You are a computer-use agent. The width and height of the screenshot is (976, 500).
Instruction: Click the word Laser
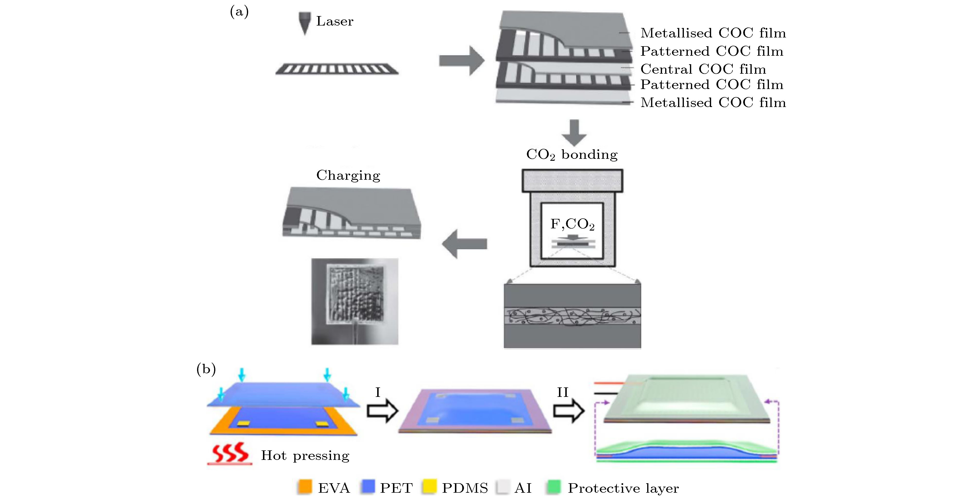[335, 21]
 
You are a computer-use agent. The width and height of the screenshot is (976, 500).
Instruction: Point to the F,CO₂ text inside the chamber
[572, 224]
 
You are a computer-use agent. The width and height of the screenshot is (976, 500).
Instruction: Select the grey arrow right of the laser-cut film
[462, 61]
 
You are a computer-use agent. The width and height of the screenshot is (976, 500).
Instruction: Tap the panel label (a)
[239, 12]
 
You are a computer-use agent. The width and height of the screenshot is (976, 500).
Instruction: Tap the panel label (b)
[206, 369]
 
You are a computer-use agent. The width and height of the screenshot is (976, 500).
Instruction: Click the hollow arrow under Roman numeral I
[382, 411]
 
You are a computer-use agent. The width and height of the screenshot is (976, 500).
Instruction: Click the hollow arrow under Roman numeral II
[568, 411]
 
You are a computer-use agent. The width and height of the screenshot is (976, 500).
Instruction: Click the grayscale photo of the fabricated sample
[355, 301]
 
